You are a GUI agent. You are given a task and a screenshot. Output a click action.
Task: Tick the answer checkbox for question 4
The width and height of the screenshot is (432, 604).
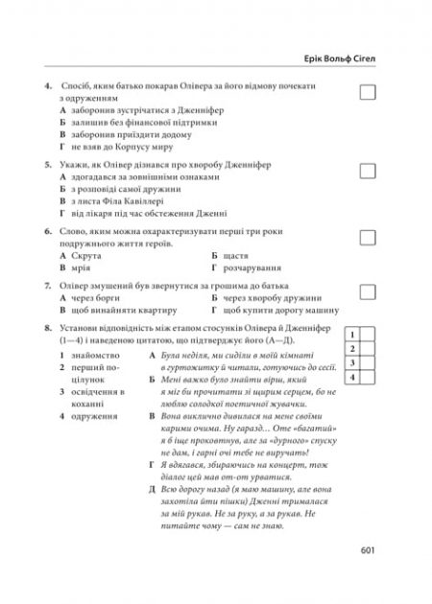coord(366,92)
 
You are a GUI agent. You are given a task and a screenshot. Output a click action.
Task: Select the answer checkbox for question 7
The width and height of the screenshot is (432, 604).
coord(366,291)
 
